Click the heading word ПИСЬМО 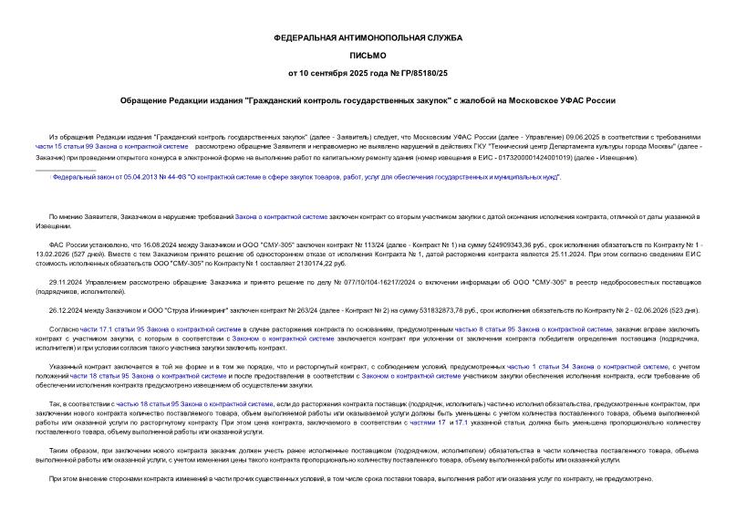pos(368,55)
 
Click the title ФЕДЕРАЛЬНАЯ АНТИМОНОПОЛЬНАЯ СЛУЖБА pos(368,37)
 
